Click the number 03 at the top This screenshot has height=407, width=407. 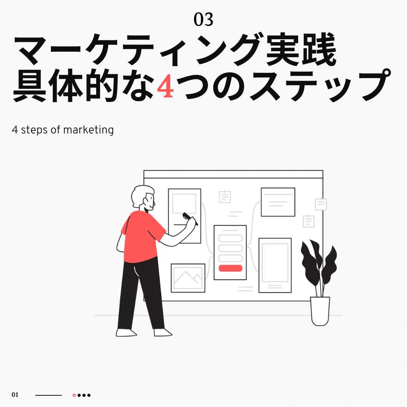point(203,20)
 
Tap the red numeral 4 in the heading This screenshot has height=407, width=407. point(165,86)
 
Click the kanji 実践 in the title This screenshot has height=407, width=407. point(301,49)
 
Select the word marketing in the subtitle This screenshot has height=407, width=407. point(88,130)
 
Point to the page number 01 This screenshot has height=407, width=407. point(15,395)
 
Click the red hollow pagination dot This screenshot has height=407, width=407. point(74,395)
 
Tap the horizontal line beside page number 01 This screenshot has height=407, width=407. point(49,395)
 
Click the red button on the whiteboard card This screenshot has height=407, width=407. point(231,268)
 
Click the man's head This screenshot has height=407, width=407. point(143,197)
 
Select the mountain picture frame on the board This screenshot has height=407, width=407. point(188,278)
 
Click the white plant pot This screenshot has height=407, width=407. point(320,311)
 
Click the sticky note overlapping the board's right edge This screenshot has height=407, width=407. point(321,204)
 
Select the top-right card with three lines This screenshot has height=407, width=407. point(278,202)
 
